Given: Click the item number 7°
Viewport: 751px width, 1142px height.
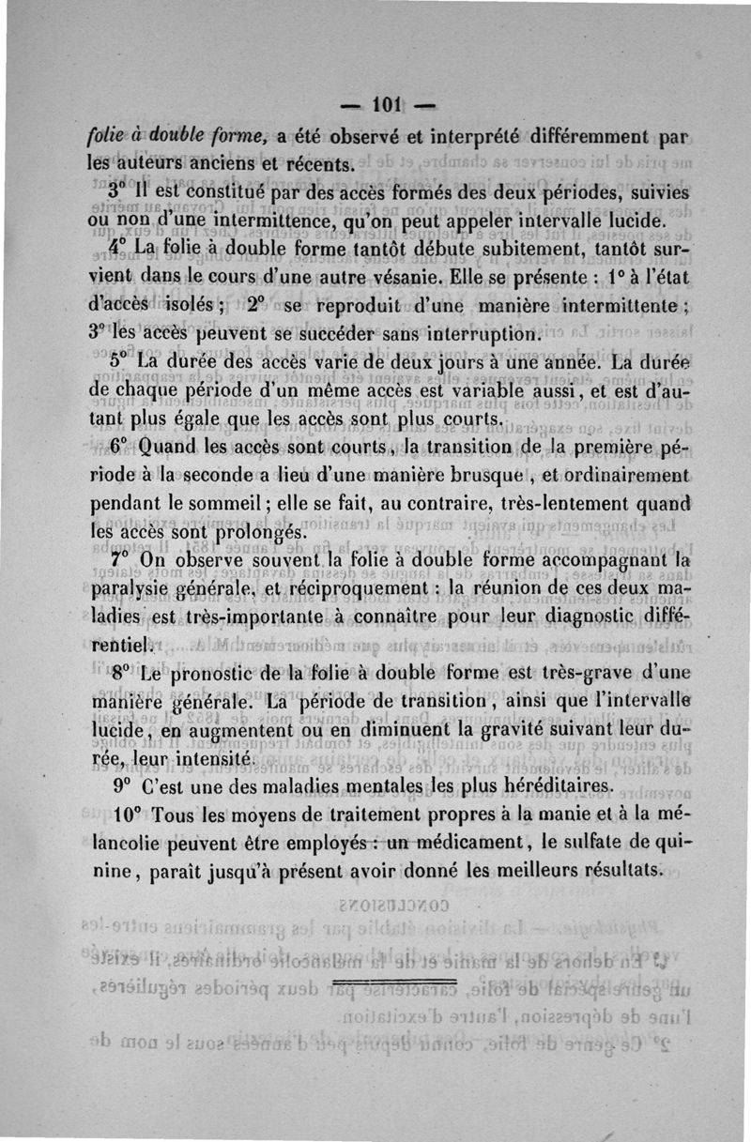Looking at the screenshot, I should tap(118, 560).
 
